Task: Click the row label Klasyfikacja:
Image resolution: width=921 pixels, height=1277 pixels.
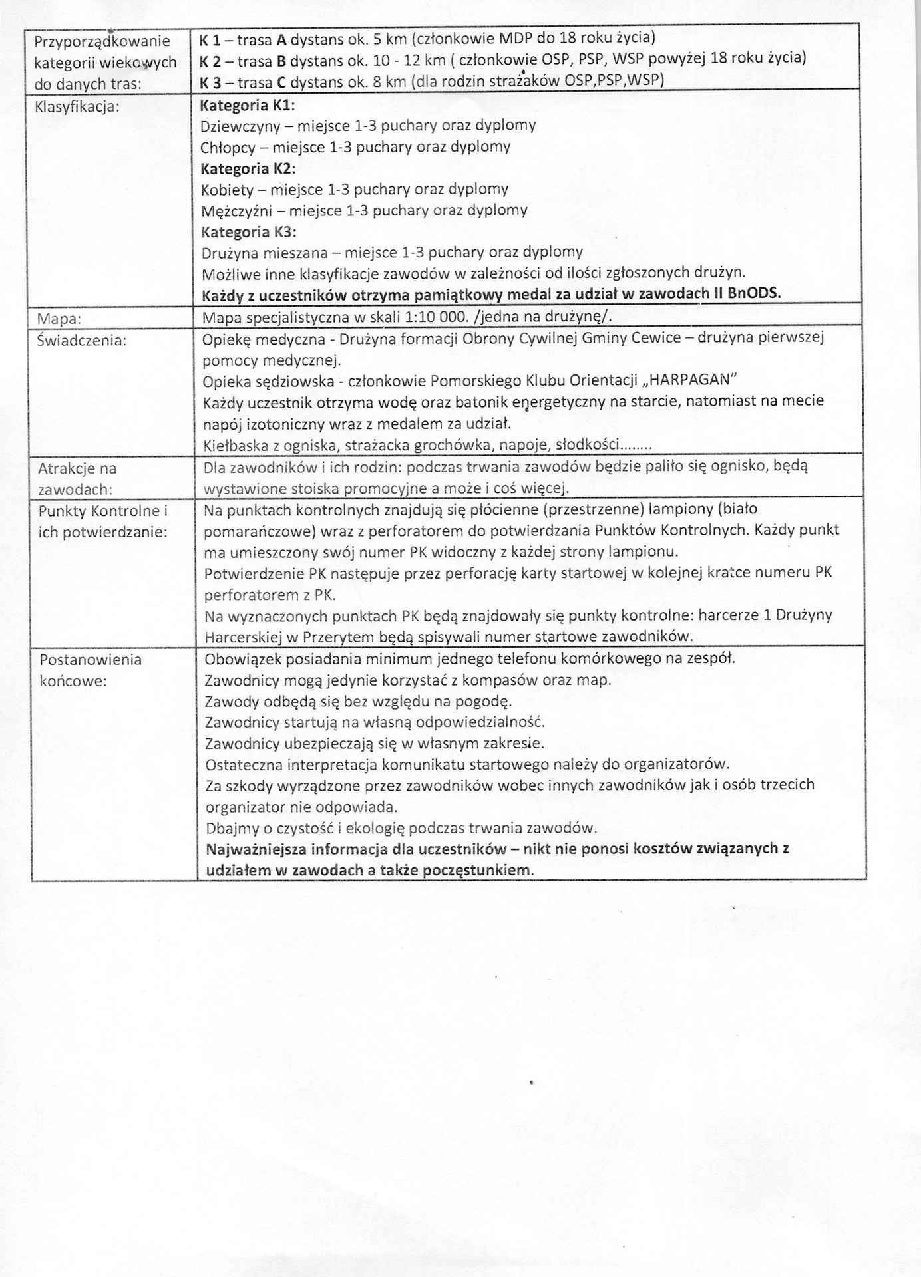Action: point(76,106)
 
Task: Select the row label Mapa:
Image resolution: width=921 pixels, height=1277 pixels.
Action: point(59,318)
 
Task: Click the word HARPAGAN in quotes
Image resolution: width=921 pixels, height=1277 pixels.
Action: point(691,380)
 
